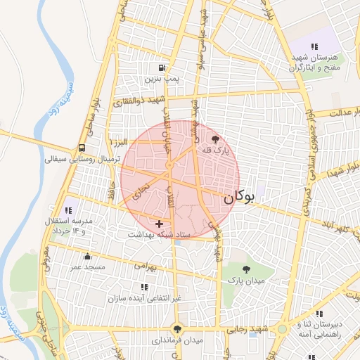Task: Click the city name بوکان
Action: (238, 198)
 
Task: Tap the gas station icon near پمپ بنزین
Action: (162, 68)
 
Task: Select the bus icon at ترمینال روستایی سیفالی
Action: (83, 148)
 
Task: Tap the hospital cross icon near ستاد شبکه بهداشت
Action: (160, 223)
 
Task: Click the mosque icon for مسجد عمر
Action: (86, 257)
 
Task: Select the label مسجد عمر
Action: (87, 267)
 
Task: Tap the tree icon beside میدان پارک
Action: (245, 269)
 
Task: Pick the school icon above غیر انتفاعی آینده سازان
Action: (144, 287)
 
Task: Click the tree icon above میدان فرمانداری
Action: (176, 328)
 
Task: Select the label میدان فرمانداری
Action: (176, 340)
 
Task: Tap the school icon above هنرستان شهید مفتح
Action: (313, 46)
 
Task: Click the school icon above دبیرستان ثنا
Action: (319, 314)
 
